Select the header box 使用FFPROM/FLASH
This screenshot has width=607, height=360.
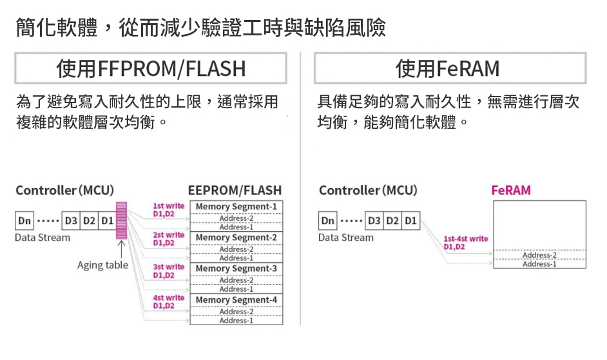coord(151,68)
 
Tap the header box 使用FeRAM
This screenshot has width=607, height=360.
coord(450,68)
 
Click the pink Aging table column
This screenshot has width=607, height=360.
coord(120,220)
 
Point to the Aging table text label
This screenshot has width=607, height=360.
coord(102,265)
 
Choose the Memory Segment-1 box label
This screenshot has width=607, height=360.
coord(236,207)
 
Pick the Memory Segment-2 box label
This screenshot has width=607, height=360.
coord(236,238)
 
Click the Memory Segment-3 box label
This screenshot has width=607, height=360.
coord(236,269)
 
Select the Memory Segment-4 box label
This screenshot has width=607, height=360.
coord(236,300)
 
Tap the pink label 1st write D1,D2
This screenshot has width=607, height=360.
coord(168,210)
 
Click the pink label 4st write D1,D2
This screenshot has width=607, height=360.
coord(168,302)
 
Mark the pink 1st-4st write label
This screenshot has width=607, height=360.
coord(465,243)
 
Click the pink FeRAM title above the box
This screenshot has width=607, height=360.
coord(510,191)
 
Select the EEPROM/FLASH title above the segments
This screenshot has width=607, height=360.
coord(235,191)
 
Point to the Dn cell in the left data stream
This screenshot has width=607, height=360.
coord(24,222)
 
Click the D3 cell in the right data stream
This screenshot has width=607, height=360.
coord(373,222)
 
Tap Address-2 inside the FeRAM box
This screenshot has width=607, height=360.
coord(539,255)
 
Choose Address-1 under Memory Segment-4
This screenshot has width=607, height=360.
coord(236,320)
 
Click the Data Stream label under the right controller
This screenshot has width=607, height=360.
coord(345,238)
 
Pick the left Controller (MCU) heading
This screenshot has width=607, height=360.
coord(64,191)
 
